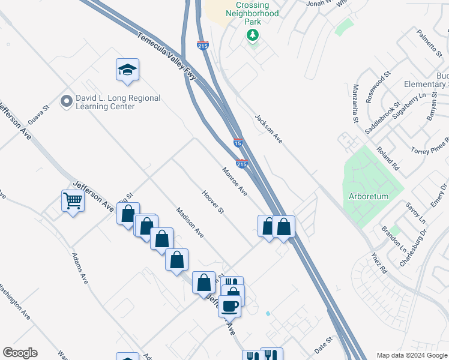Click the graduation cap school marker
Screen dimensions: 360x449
pyautogui.click(x=127, y=71)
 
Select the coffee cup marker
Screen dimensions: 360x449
pyautogui.click(x=229, y=306)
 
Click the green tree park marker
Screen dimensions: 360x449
pyautogui.click(x=253, y=35)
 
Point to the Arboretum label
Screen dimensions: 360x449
pyautogui.click(x=369, y=196)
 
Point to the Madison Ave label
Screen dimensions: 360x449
pyautogui.click(x=190, y=221)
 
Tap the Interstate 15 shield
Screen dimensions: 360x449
pyautogui.click(x=238, y=143)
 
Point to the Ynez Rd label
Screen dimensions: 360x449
pyautogui.click(x=379, y=264)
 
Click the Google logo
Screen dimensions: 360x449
pyautogui.click(x=20, y=353)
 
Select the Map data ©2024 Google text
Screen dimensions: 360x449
pyautogui.click(x=412, y=355)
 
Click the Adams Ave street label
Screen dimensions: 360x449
pyautogui.click(x=80, y=268)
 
